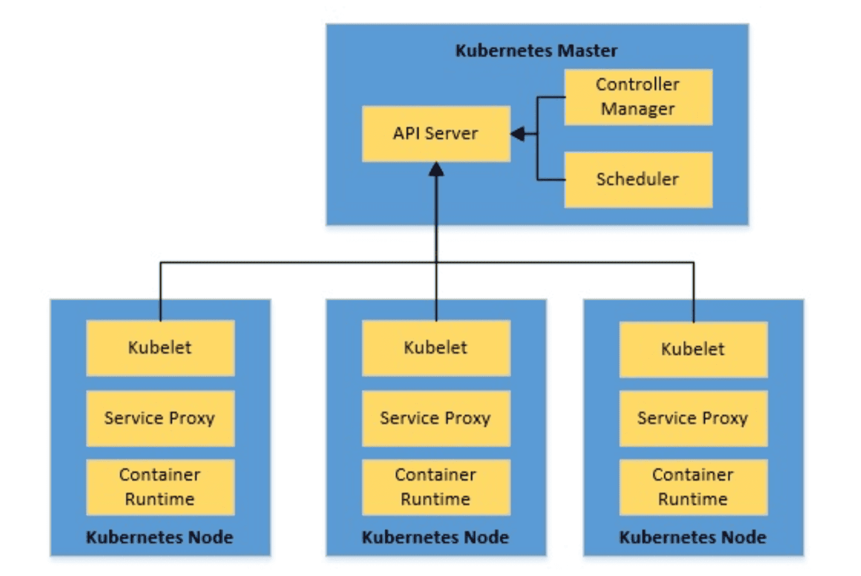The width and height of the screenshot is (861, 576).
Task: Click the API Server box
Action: coord(436,134)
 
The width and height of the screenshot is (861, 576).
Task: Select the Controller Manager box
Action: coord(638,97)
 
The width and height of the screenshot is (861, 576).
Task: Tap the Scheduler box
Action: coord(638,180)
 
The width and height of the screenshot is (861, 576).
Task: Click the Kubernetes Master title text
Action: coord(536,51)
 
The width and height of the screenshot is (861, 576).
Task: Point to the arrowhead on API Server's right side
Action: coord(517,134)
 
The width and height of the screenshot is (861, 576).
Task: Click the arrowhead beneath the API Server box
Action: coord(436,169)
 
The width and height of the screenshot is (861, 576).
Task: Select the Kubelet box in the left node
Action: coord(161,348)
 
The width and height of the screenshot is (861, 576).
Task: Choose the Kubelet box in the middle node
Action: coord(436,348)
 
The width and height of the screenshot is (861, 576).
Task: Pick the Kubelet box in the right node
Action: coord(694,350)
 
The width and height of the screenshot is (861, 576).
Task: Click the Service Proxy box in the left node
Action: coord(161,419)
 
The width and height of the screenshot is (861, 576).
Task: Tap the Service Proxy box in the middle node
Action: coord(436,419)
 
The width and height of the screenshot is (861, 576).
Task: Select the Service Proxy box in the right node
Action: coord(694,419)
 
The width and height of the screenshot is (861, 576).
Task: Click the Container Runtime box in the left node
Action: coord(161,487)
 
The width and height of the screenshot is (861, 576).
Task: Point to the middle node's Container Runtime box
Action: coord(436,487)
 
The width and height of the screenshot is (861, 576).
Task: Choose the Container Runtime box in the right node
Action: coord(694,487)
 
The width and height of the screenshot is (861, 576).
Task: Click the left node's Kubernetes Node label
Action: coord(160,537)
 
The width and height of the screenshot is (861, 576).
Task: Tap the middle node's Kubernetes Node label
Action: coord(436,537)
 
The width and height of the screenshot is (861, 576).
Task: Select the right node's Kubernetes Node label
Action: coord(693,537)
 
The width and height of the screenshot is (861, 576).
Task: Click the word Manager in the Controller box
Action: coord(638,109)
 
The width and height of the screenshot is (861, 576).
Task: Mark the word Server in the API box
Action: coord(452,134)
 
